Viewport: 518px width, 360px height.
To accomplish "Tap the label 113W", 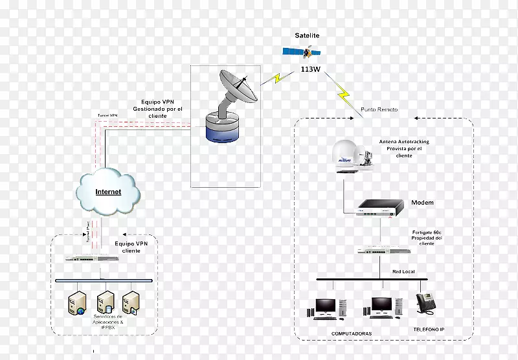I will tap(310, 69).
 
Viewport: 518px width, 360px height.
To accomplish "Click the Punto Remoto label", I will tap(379, 110).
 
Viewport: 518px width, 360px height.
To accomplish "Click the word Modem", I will tap(422, 203).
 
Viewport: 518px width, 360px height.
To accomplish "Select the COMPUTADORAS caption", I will tap(352, 333).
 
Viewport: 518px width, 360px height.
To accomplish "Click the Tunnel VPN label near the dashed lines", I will tap(107, 115).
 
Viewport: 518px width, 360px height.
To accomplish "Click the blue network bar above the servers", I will tap(104, 280).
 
